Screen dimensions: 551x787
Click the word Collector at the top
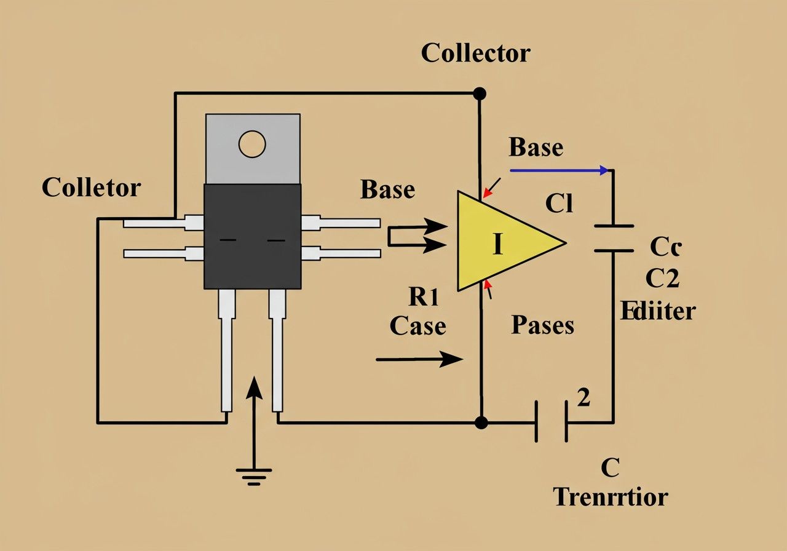475,54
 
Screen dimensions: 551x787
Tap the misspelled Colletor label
91,188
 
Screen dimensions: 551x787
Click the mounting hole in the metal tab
252,145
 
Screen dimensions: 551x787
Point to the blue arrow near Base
560,170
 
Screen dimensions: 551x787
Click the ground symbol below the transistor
253,475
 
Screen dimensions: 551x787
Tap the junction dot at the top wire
480,93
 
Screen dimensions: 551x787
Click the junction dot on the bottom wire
481,422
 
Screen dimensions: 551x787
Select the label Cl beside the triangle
559,204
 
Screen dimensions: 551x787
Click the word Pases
542,325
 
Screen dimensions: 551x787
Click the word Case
417,325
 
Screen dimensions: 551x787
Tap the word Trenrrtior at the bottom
610,496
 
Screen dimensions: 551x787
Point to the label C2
662,279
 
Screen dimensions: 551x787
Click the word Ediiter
657,311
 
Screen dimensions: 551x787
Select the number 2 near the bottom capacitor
584,398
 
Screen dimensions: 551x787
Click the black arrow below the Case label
419,359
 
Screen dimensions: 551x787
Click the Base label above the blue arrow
536,148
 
